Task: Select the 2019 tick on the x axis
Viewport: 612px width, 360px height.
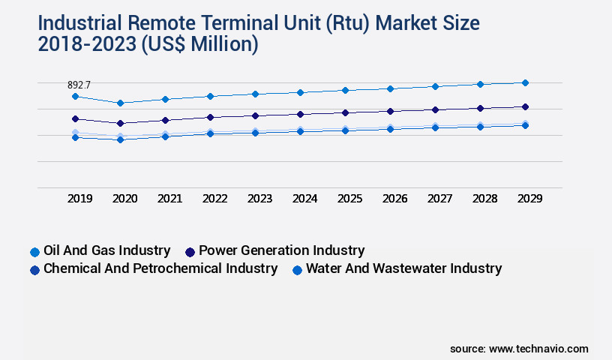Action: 80,199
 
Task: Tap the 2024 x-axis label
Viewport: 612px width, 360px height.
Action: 304,199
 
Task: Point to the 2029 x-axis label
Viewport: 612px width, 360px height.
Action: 529,199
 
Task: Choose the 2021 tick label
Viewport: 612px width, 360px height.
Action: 169,199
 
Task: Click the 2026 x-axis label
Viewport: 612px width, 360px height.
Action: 394,199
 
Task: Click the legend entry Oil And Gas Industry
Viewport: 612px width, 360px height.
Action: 106,250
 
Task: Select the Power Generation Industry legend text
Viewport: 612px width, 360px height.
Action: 281,250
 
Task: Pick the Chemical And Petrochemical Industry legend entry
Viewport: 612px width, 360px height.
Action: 160,268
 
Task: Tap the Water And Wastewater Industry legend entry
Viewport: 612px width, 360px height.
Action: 403,268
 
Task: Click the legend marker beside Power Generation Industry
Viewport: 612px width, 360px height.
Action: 190,252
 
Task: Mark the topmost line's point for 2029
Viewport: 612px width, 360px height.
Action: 525,82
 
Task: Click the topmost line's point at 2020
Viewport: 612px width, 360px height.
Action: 120,103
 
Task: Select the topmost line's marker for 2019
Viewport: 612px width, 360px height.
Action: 75,96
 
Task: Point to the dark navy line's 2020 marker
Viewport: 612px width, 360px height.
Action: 120,123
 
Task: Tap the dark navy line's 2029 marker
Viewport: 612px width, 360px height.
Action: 525,106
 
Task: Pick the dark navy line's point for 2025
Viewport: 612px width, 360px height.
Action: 345,112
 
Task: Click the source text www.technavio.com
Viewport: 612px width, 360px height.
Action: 538,349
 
